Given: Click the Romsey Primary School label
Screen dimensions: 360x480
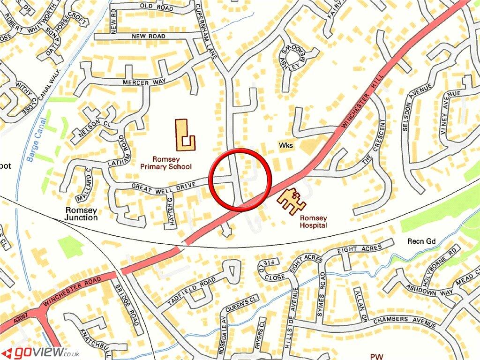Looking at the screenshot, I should (166, 163).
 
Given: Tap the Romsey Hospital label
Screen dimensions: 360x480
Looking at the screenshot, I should (314, 222).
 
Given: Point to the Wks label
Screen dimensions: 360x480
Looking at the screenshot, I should (286, 145).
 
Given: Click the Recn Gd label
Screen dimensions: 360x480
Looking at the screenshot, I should (421, 241).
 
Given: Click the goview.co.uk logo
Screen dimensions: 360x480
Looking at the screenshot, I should (40, 352).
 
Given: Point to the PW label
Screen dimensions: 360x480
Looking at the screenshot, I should (376, 357).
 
